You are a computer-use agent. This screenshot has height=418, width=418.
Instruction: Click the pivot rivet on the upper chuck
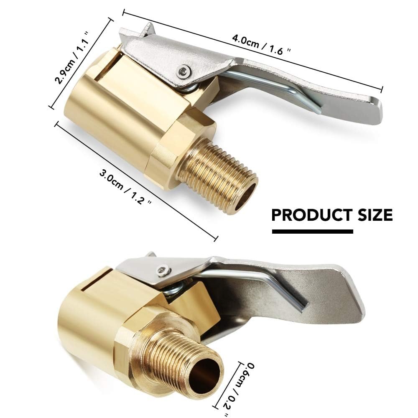[182, 72]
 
